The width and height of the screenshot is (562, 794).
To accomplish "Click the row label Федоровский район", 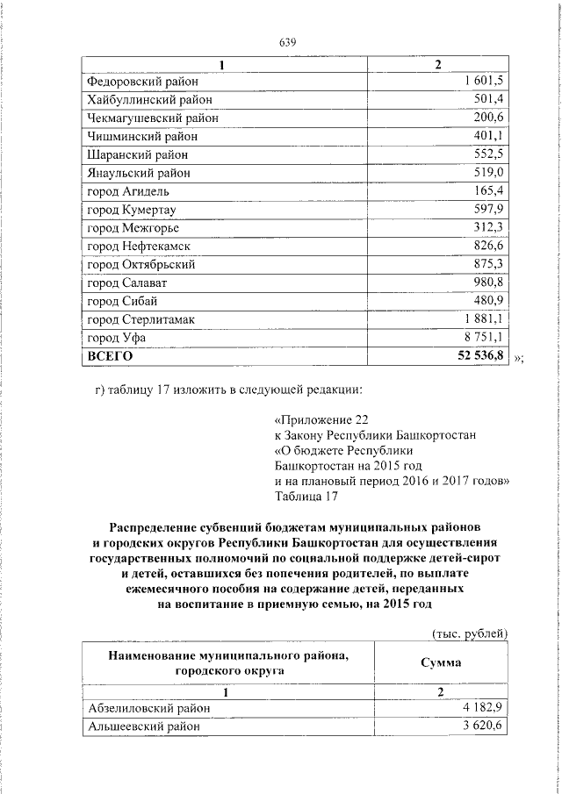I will (142, 81).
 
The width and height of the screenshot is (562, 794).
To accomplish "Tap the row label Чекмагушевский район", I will (152, 118).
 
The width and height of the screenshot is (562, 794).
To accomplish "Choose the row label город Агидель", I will (128, 191).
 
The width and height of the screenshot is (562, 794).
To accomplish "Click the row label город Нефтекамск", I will (139, 247).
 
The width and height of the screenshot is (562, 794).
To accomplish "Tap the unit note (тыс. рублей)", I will (470, 634).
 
